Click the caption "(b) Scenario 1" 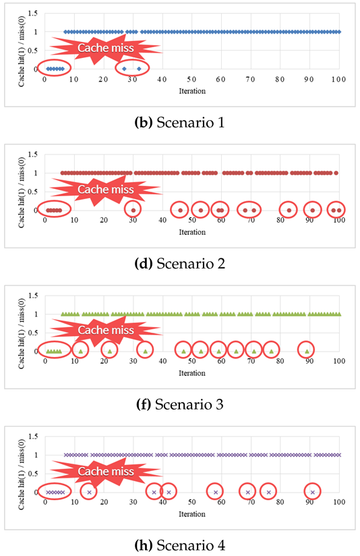pos(180,123)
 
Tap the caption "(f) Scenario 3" pos(180,404)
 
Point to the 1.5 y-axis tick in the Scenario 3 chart pos(34,295)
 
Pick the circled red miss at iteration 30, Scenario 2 pos(133,210)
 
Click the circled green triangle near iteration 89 pos(307,351)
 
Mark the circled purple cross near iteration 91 pos(312,492)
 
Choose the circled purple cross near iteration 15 pos(89,492)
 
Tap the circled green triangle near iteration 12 pos(80,351)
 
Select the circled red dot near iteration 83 pos(289,210)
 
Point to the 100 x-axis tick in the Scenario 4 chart pos(338,502)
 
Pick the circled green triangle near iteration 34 pos(145,351)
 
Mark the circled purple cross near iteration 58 pos(215,492)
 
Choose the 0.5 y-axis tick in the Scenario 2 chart pos(34,191)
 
